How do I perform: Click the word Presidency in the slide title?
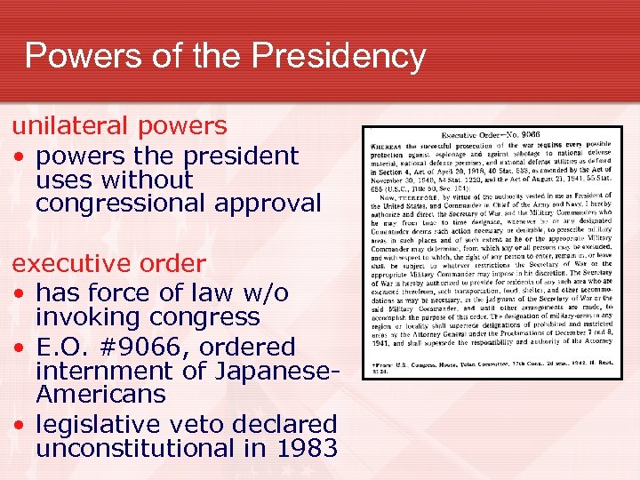tap(339, 56)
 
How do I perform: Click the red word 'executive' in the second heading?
tap(68, 264)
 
